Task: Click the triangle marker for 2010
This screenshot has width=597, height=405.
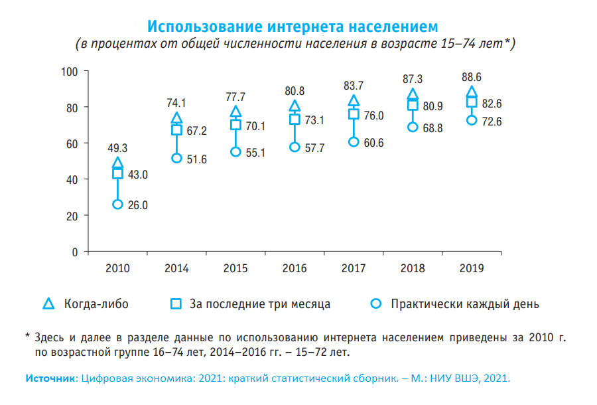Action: pyautogui.click(x=117, y=163)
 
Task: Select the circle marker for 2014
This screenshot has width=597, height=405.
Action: pyautogui.click(x=176, y=158)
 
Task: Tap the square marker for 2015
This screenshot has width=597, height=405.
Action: pyautogui.click(x=235, y=125)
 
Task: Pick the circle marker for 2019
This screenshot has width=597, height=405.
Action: pyautogui.click(x=472, y=120)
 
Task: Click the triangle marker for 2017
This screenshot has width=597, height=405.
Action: pyautogui.click(x=354, y=101)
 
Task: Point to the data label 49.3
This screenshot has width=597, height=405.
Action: pyautogui.click(x=117, y=148)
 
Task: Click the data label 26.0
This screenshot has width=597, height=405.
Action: pyautogui.click(x=137, y=206)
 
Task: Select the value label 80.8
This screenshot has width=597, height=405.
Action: pyautogui.click(x=295, y=91)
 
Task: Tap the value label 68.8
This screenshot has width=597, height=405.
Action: pyautogui.click(x=433, y=127)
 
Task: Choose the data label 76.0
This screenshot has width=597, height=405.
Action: pyautogui.click(x=373, y=116)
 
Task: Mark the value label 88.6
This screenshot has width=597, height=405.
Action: pyautogui.click(x=472, y=78)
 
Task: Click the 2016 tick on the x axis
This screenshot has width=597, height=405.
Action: pyautogui.click(x=295, y=269)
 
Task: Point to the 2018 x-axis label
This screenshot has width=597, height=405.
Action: pyautogui.click(x=413, y=269)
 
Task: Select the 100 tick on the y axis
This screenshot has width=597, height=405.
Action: pyautogui.click(x=69, y=71)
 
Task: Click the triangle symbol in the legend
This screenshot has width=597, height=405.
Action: pyautogui.click(x=48, y=304)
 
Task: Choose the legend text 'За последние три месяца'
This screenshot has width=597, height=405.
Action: pyautogui.click(x=260, y=305)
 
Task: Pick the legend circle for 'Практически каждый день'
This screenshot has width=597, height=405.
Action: pyautogui.click(x=376, y=304)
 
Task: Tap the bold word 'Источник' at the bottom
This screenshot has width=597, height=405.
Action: pyautogui.click(x=51, y=378)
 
